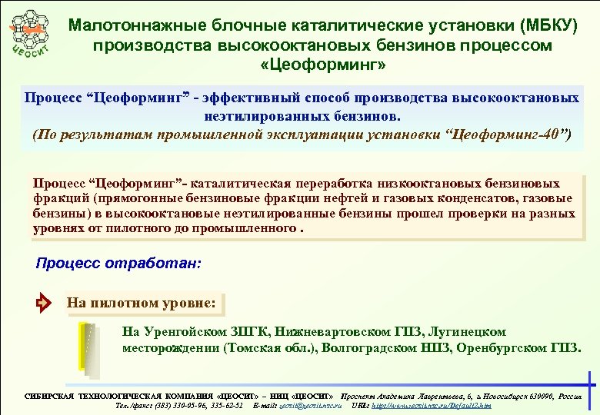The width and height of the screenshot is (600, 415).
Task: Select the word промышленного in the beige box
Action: (246, 229)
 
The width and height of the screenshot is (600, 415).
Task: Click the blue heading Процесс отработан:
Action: (118, 263)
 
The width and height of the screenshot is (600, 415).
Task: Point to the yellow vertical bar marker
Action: (82, 345)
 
